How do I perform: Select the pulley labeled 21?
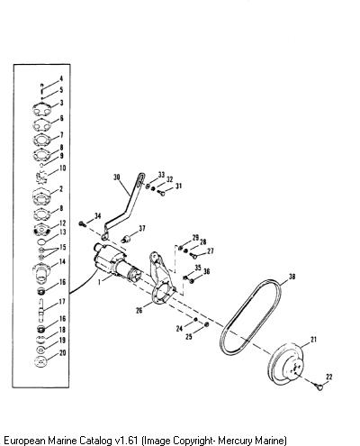(x=286, y=364)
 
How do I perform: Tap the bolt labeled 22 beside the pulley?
(x=319, y=387)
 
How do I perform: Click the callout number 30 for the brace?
(x=117, y=177)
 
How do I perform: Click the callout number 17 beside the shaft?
(x=62, y=302)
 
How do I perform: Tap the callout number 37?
(x=141, y=229)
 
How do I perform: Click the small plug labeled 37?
(x=127, y=239)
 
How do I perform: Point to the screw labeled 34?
(x=83, y=223)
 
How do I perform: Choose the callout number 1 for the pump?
(x=99, y=282)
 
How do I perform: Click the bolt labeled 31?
(x=162, y=192)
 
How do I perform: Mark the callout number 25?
(x=189, y=336)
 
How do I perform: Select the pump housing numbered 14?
(x=41, y=273)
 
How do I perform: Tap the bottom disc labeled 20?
(x=41, y=361)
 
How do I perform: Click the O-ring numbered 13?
(x=41, y=241)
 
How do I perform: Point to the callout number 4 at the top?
(x=61, y=78)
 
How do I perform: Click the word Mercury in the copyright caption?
(x=233, y=441)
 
